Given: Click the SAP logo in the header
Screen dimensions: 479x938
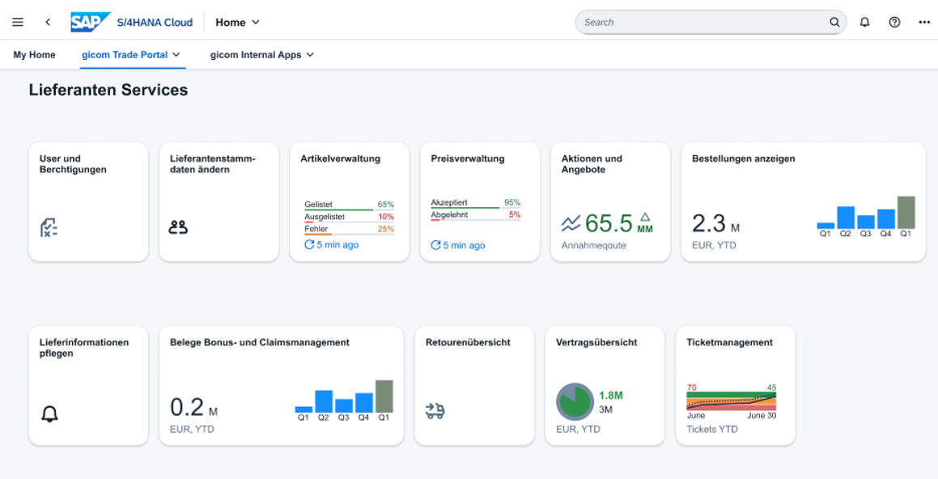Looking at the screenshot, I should coord(89,22).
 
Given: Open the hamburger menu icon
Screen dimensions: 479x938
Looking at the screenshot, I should coord(18,22).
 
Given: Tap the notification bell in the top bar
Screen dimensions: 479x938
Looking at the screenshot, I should coord(864,22).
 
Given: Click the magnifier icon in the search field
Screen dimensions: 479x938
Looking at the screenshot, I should coord(834,22).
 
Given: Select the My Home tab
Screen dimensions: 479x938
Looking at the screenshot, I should coord(34,55).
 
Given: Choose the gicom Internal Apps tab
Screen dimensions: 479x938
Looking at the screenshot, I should coord(256,55).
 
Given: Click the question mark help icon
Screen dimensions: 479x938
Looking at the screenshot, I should coord(894,22).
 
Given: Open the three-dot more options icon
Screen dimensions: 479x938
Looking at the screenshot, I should coord(924,22).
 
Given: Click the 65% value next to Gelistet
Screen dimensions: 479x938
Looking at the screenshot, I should coord(385,205).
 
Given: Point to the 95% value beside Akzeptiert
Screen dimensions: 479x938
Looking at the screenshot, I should coord(511,202).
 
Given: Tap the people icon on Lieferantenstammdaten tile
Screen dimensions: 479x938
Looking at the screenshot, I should coord(178,227).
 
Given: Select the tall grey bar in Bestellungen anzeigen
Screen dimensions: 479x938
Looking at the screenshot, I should coord(906,212).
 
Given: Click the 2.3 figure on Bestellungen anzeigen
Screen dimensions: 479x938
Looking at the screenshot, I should coord(708,223).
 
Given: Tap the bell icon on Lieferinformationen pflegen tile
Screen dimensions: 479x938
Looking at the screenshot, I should coord(49,414).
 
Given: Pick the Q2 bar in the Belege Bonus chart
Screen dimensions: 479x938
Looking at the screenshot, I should coord(324,401).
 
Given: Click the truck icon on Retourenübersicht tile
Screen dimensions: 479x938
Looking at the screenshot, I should coord(435,412).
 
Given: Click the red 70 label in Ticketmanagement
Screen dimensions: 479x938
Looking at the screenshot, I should coord(691,388).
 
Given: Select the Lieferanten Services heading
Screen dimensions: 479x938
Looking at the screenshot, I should coord(108,90).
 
